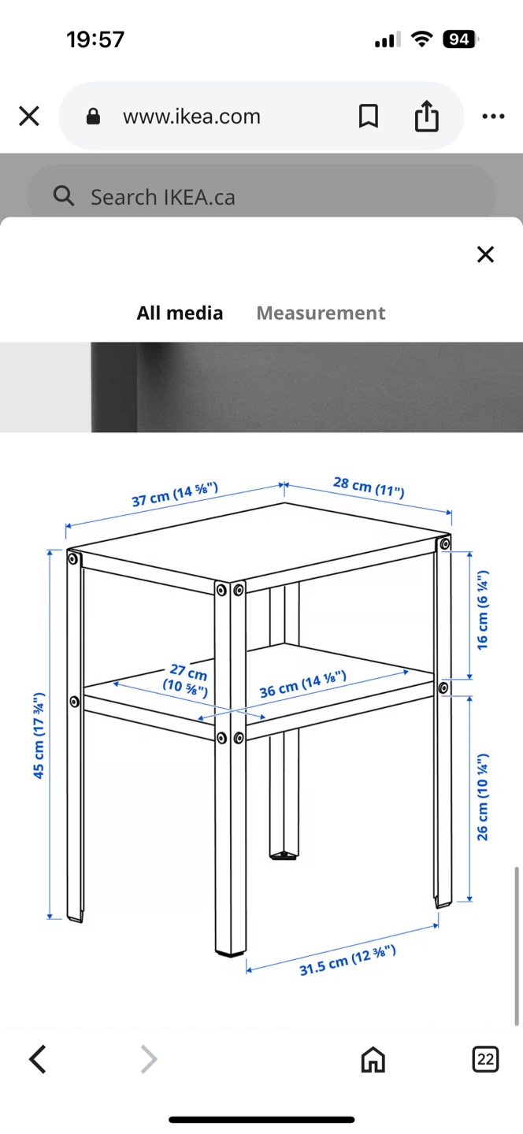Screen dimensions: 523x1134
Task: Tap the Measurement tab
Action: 321,313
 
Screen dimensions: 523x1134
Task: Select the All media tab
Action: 180,313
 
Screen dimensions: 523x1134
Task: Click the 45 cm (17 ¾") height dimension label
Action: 39,735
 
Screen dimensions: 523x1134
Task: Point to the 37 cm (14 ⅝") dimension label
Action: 175,494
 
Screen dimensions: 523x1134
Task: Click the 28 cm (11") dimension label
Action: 369,487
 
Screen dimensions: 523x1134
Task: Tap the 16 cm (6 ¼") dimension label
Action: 483,610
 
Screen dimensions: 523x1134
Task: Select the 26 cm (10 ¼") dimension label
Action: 483,797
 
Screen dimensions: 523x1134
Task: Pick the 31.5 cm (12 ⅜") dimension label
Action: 347,961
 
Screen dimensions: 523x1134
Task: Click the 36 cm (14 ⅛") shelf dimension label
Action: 302,684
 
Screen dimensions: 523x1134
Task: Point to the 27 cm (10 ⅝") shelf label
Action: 187,680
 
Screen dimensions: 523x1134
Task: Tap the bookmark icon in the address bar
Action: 369,116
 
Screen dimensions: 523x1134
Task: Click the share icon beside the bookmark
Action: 427,116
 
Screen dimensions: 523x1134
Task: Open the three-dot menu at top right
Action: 493,117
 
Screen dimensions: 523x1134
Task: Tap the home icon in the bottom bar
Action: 373,1059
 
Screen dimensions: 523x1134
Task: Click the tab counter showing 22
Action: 485,1059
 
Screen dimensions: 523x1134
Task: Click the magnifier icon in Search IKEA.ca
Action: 64,195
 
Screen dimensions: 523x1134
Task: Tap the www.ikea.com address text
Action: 191,117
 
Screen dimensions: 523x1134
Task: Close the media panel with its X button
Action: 485,254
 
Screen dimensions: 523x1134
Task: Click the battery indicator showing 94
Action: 460,39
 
